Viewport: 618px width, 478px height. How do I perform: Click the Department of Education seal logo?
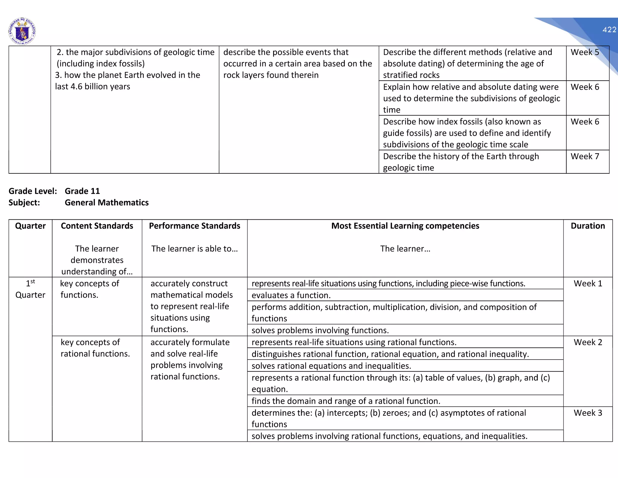click(22, 31)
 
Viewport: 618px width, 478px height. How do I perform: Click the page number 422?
click(609, 30)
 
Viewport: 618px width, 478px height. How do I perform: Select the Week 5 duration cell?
click(585, 52)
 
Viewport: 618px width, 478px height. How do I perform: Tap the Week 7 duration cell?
click(585, 157)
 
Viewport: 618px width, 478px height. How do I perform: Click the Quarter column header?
click(30, 226)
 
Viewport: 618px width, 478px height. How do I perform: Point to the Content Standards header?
click(97, 226)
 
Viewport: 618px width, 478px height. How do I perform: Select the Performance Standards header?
click(195, 226)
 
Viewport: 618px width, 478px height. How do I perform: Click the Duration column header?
click(588, 226)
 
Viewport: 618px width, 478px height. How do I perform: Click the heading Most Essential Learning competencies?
click(405, 226)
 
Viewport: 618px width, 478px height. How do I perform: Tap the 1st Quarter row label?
click(30, 289)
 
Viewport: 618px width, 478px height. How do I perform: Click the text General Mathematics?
click(107, 202)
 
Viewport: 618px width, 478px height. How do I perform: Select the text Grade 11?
click(82, 191)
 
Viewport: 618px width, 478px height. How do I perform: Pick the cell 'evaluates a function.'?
click(291, 295)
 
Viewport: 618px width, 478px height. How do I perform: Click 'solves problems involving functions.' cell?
click(320, 330)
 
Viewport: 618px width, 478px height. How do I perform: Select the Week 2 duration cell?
click(588, 342)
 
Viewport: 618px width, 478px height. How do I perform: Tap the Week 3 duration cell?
click(588, 413)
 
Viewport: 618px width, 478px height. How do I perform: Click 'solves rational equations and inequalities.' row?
click(331, 366)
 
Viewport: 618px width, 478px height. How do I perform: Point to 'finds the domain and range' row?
click(346, 401)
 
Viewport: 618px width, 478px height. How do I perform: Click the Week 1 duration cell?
click(588, 284)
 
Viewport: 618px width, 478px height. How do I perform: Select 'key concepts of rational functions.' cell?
click(95, 348)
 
